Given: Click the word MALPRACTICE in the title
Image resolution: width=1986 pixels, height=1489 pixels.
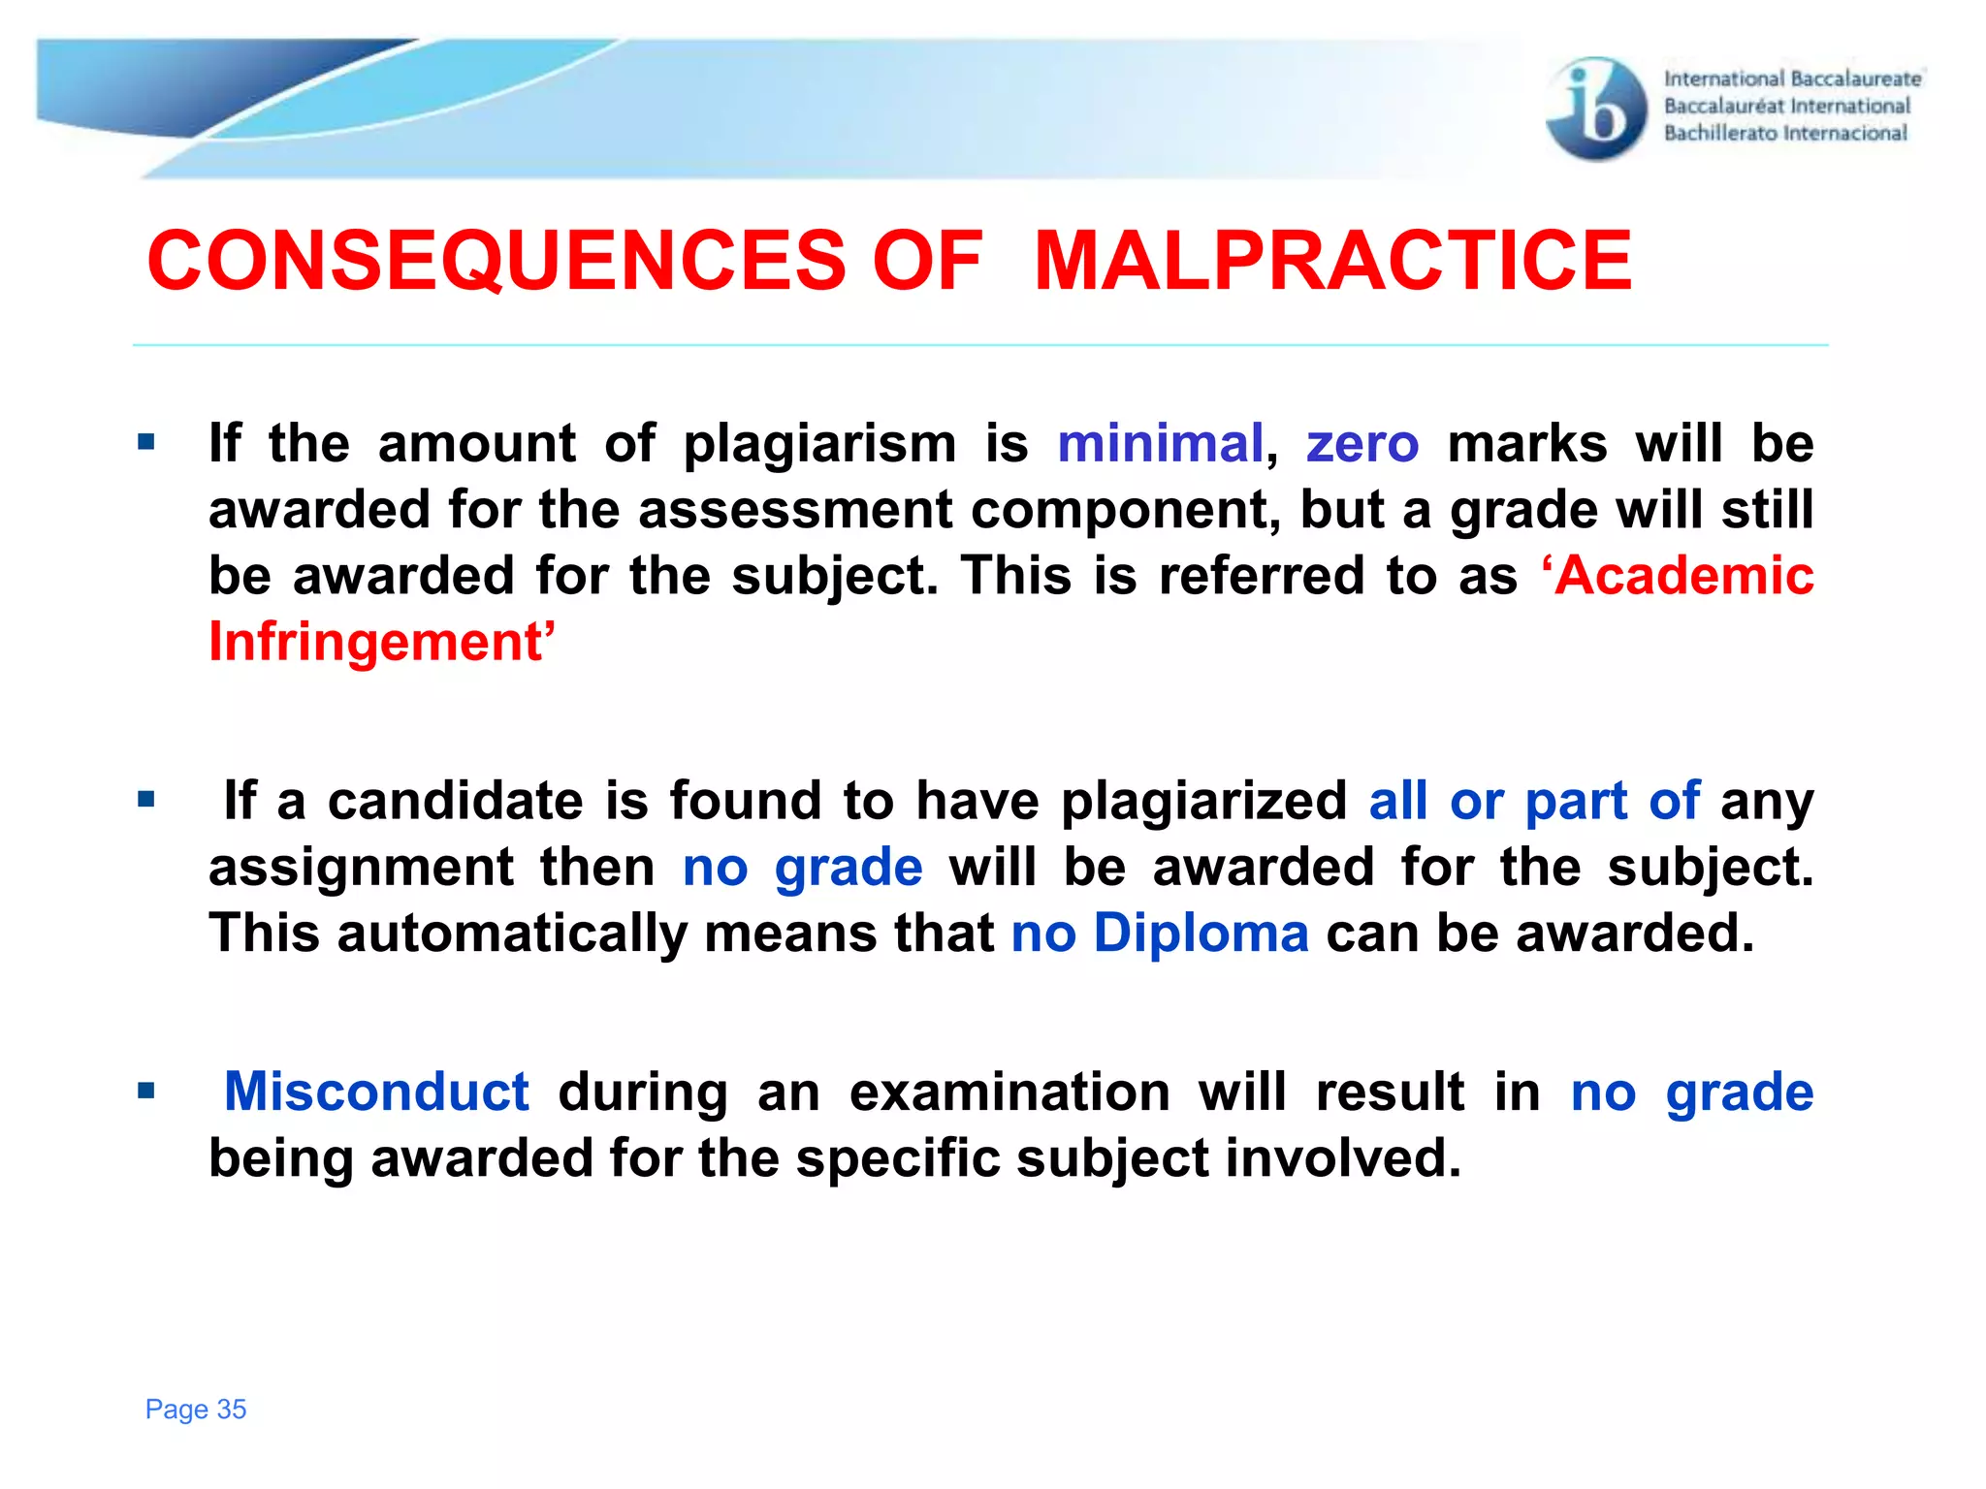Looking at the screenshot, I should [1333, 261].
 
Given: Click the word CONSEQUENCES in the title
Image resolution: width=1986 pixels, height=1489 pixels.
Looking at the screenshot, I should [496, 261].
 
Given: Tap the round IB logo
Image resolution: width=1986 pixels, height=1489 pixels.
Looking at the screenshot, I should [1595, 109].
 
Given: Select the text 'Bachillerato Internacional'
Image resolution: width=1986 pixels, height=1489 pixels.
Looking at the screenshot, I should [1785, 134].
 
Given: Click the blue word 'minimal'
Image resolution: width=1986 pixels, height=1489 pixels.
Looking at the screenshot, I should [1160, 444].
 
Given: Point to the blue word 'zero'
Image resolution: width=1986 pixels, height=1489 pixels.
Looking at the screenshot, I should [1362, 444].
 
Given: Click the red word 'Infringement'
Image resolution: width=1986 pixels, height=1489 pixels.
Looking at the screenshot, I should [381, 642].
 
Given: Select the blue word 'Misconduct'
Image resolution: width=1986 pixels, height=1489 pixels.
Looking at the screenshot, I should [376, 1092].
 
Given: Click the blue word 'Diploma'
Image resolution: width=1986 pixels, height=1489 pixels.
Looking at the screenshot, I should [1201, 934].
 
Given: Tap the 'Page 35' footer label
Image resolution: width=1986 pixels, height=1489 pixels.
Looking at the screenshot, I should [196, 1409].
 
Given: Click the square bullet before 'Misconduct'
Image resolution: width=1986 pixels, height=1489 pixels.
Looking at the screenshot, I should [146, 1092].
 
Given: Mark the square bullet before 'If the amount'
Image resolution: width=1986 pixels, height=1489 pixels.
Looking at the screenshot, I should [146, 444].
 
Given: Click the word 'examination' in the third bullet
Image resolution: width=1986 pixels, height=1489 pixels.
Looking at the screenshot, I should [1009, 1092].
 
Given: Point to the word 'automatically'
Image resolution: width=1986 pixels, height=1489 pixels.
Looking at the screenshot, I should [512, 934].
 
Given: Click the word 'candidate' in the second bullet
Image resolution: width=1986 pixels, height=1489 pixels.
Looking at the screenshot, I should [455, 801].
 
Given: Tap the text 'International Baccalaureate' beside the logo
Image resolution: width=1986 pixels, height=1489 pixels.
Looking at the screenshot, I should [1792, 79].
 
